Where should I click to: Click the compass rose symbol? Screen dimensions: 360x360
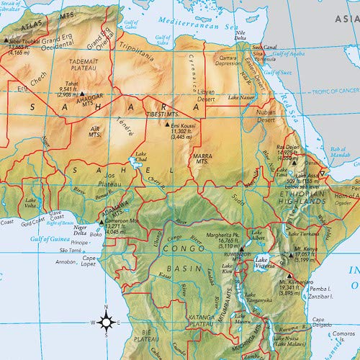coord(106,322)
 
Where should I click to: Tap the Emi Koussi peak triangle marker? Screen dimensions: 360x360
coord(167,125)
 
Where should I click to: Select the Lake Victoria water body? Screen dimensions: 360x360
coord(262,266)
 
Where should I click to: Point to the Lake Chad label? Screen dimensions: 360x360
coord(140,158)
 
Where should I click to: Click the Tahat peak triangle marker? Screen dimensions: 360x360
coord(82,94)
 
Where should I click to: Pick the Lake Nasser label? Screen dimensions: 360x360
coord(242,96)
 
